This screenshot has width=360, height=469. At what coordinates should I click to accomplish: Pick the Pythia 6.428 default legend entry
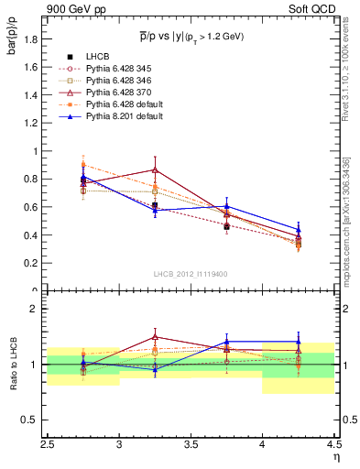[120, 104]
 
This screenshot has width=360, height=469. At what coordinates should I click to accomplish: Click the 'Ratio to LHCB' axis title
[12, 365]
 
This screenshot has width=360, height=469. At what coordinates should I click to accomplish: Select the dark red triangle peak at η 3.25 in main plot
[155, 170]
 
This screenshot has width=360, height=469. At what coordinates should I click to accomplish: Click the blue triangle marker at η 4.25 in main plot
[298, 230]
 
